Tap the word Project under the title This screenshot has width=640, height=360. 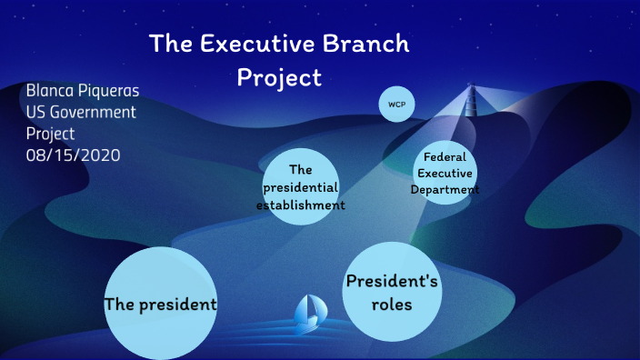(x=279, y=77)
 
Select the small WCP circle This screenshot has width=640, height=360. (x=396, y=105)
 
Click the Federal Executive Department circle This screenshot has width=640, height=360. (x=445, y=172)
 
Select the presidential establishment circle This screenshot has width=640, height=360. (x=300, y=186)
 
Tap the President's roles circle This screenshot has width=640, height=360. (x=392, y=293)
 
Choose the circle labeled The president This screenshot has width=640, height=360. (x=160, y=304)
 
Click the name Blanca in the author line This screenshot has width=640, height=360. (x=53, y=91)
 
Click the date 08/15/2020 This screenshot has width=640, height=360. (x=74, y=155)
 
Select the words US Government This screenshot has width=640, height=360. (x=81, y=113)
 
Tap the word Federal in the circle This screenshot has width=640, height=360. (x=445, y=156)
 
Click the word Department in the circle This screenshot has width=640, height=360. (x=445, y=189)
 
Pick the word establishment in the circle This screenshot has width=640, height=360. (x=300, y=205)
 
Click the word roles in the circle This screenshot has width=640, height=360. (x=392, y=305)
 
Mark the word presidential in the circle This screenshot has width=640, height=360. (x=300, y=186)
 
